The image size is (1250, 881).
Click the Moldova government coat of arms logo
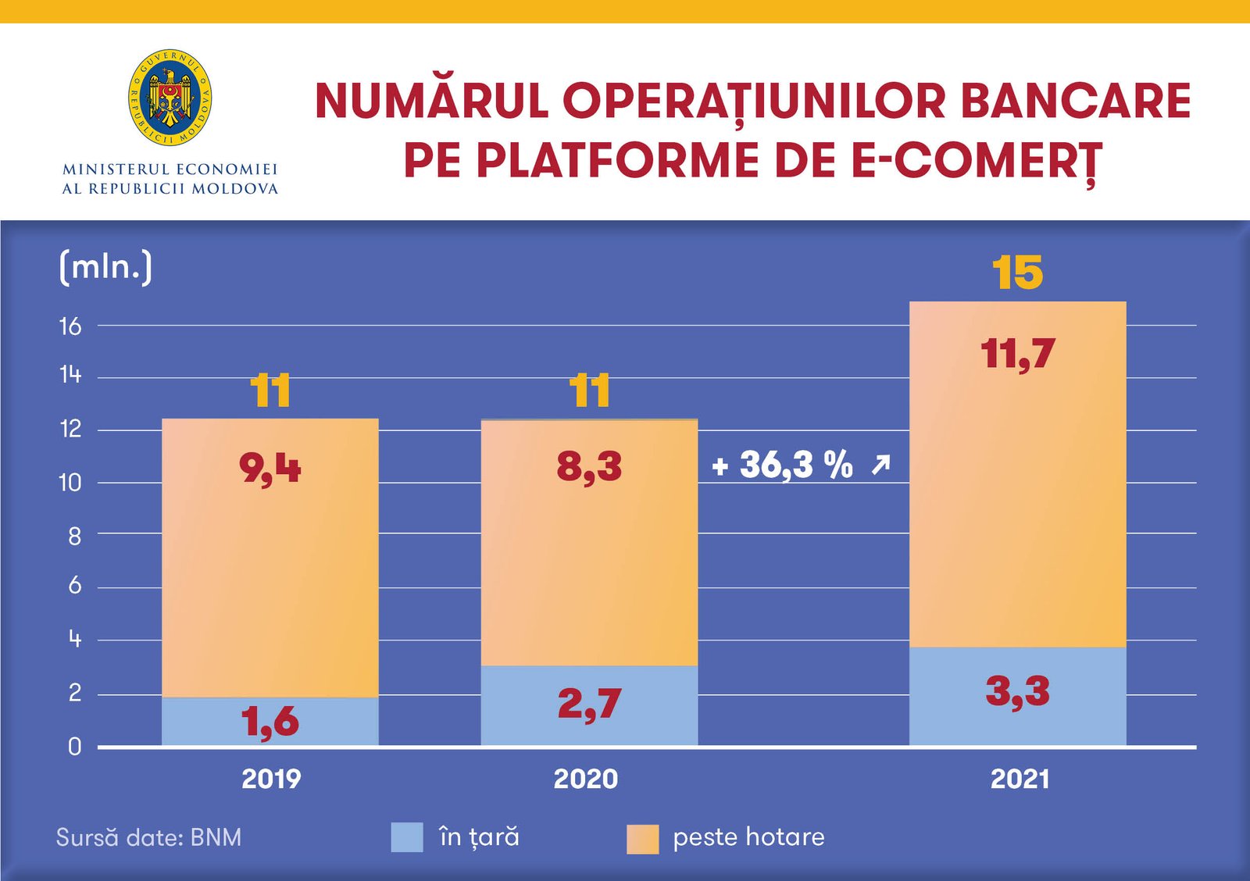pyautogui.click(x=170, y=98)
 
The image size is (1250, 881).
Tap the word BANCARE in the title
pyautogui.click(x=1075, y=102)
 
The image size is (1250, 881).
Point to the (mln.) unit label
pyautogui.click(x=105, y=267)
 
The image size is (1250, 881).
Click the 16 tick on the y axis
pyautogui.click(x=70, y=326)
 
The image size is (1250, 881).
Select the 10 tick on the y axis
pyautogui.click(x=70, y=483)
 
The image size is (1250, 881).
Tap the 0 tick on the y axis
pyautogui.click(x=74, y=747)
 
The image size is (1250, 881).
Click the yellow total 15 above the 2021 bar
pyautogui.click(x=1017, y=273)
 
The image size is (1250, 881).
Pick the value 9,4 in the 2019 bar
pyautogui.click(x=270, y=469)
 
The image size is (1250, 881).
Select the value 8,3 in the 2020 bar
pyautogui.click(x=589, y=467)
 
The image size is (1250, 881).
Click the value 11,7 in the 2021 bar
pyautogui.click(x=1017, y=354)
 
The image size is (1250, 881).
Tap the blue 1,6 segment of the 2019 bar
pyautogui.click(x=270, y=721)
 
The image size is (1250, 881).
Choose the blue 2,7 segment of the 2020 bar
pyautogui.click(x=589, y=704)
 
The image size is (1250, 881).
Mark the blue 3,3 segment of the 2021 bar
pyautogui.click(x=1017, y=692)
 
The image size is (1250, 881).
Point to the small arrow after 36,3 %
pyautogui.click(x=880, y=465)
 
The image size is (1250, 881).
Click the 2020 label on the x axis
pyautogui.click(x=585, y=779)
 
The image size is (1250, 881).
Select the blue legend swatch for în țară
pyautogui.click(x=407, y=837)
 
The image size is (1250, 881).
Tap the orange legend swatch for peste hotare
pyautogui.click(x=642, y=839)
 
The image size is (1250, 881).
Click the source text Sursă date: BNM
pyautogui.click(x=148, y=837)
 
